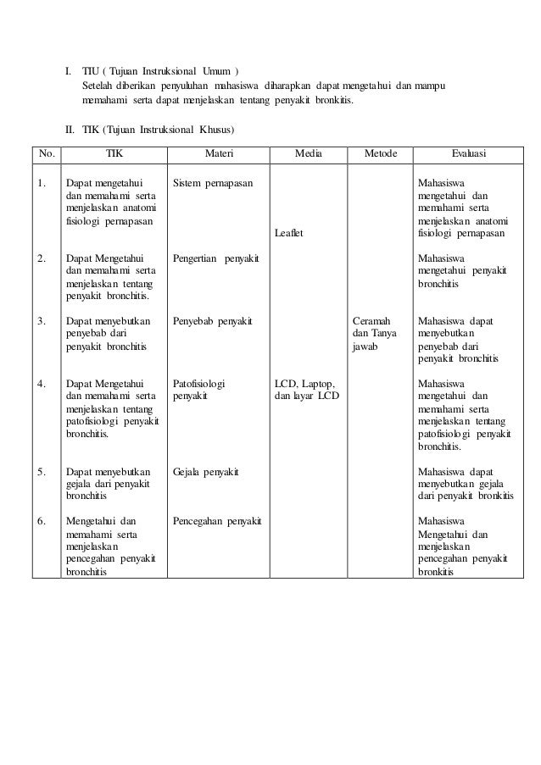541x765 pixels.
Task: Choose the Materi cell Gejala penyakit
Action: click(x=205, y=471)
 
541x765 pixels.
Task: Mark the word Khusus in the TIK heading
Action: click(x=215, y=130)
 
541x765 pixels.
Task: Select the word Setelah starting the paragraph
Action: click(x=99, y=86)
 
